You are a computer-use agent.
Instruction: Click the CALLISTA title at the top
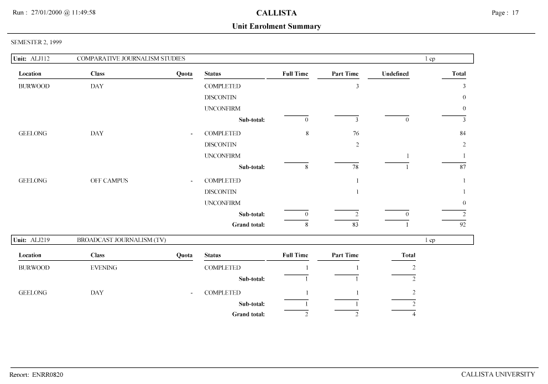click(x=276, y=13)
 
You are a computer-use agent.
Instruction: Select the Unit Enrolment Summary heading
click(x=276, y=27)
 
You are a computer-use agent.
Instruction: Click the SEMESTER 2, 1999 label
click(x=36, y=42)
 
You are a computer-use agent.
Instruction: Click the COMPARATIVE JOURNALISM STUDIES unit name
click(x=131, y=59)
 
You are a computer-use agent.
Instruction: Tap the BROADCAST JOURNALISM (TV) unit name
click(x=122, y=240)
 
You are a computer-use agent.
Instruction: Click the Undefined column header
click(x=395, y=74)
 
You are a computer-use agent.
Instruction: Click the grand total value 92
click(x=462, y=225)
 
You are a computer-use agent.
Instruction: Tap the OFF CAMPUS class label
click(x=109, y=181)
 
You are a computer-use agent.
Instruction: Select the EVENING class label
click(x=104, y=268)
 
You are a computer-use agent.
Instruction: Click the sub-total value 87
click(x=462, y=167)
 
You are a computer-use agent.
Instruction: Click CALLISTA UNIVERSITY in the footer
click(x=498, y=375)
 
